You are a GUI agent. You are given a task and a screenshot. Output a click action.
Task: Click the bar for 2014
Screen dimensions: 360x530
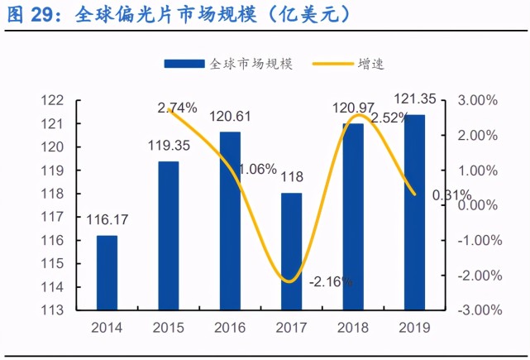coord(107,273)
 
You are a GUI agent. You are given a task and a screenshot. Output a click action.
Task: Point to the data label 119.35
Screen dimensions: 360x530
coord(169,146)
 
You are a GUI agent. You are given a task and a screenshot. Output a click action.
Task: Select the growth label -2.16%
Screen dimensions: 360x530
coord(331,281)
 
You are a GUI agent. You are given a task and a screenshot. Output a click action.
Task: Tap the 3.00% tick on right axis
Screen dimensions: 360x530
coord(476,100)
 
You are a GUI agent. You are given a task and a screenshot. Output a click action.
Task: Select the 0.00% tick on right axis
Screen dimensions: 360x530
coord(476,205)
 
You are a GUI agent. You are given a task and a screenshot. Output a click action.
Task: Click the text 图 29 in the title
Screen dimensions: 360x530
coord(26,15)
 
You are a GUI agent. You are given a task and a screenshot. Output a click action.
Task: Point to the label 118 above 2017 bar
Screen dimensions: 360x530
coord(292,177)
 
